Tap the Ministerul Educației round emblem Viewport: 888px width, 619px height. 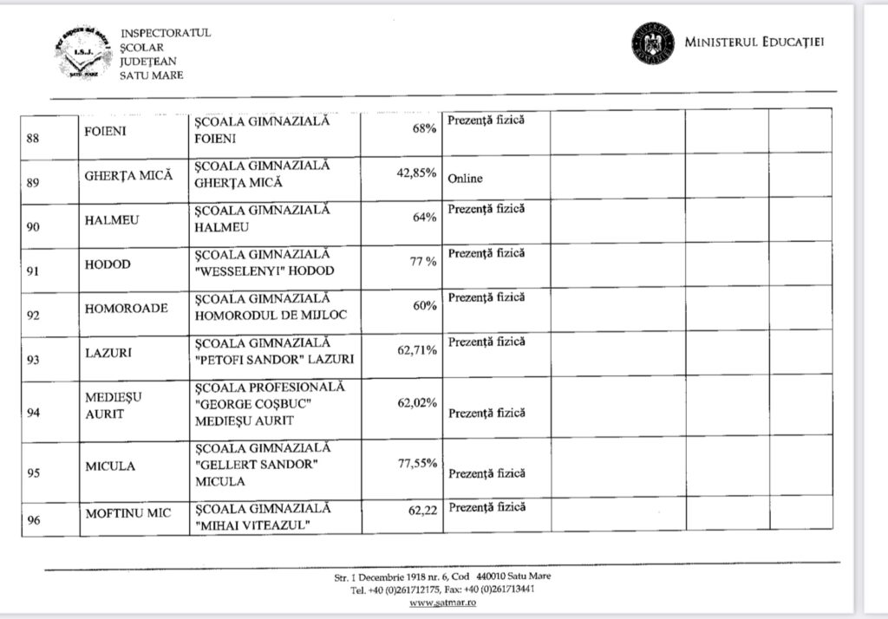(652, 42)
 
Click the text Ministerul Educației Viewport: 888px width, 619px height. (754, 42)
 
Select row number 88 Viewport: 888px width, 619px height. (33, 136)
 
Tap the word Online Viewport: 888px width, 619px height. (466, 179)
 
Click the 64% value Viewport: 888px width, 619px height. (424, 217)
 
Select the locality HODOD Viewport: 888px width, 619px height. (108, 264)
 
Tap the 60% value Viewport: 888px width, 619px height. (424, 306)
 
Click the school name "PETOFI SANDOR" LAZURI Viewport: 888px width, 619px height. (274, 351)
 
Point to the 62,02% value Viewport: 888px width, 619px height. (416, 403)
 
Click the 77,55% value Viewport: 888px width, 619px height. (416, 464)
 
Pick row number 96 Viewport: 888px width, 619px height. (33, 520)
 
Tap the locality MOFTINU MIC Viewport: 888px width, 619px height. (128, 513)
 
